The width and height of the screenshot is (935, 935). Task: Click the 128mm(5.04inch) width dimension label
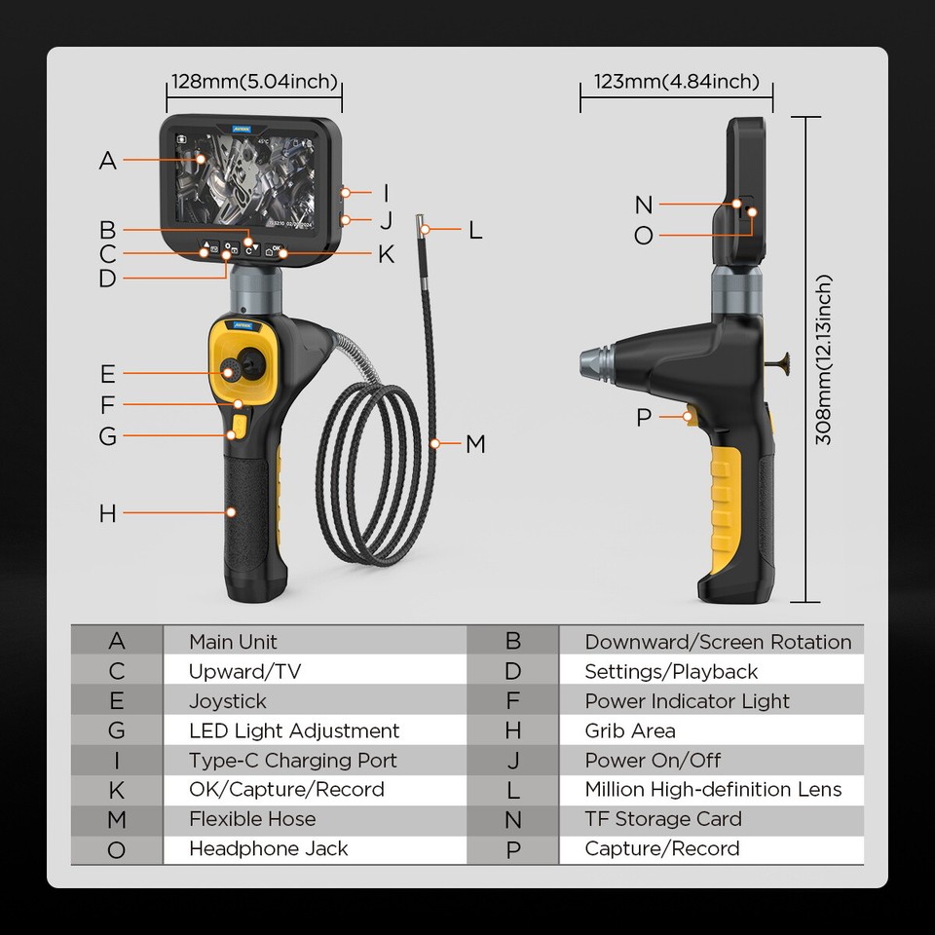254,82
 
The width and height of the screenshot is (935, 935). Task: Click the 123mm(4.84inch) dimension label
676,82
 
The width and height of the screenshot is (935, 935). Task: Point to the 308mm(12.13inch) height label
823,359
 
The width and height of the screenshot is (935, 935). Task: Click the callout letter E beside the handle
107,374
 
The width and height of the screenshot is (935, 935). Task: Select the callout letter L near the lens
475,230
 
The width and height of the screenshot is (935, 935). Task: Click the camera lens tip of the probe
422,222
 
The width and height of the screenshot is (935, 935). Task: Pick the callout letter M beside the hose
475,444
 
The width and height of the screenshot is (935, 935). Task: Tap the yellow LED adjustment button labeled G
239,426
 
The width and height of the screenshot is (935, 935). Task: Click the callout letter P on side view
643,418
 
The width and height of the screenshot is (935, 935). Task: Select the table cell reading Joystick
227,701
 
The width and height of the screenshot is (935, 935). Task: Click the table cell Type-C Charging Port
293,761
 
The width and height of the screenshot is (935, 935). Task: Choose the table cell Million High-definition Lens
713,790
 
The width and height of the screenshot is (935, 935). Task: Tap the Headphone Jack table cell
268,849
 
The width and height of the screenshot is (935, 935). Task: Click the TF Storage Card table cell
662,819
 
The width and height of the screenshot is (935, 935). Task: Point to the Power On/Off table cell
653,761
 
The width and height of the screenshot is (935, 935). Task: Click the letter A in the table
117,642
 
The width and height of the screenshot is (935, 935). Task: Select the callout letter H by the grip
107,513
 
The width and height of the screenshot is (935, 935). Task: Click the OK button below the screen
276,250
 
